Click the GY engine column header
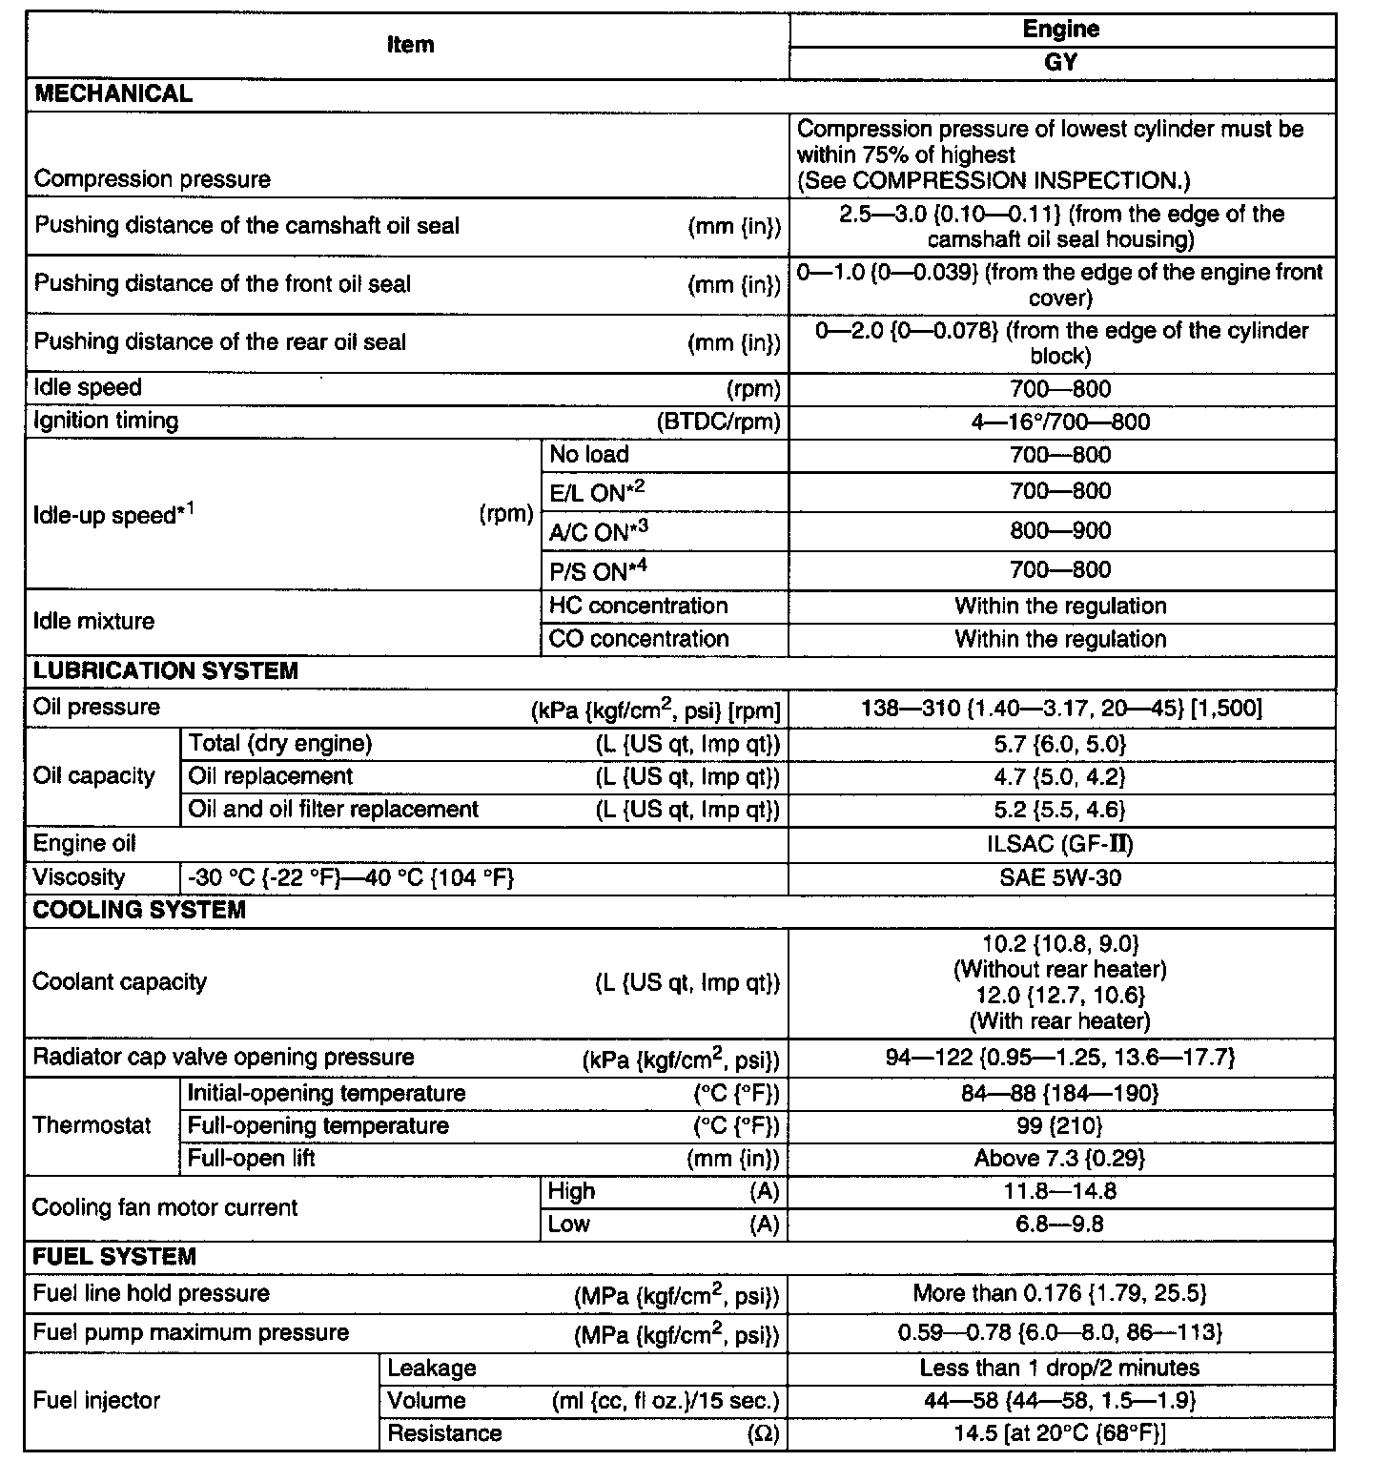coord(1060,63)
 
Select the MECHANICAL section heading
coord(113,93)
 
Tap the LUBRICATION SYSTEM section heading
coord(165,670)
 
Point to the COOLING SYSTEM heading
coord(139,910)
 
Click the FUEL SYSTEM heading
coord(114,1256)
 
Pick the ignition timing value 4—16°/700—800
coord(1060,422)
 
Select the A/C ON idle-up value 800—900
coord(1060,531)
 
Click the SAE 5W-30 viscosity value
coord(1060,877)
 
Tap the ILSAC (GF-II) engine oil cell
coord(1060,844)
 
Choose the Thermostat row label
coord(92,1125)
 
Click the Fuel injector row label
coord(96,1400)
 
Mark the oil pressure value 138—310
coord(1060,708)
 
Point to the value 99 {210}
coord(1060,1125)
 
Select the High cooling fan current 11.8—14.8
coord(1060,1191)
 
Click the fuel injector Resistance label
coord(444,1433)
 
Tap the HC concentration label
coord(638,606)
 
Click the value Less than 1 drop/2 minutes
coord(1060,1368)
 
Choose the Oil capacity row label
coord(93,775)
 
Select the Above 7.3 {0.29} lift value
coord(1060,1158)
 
